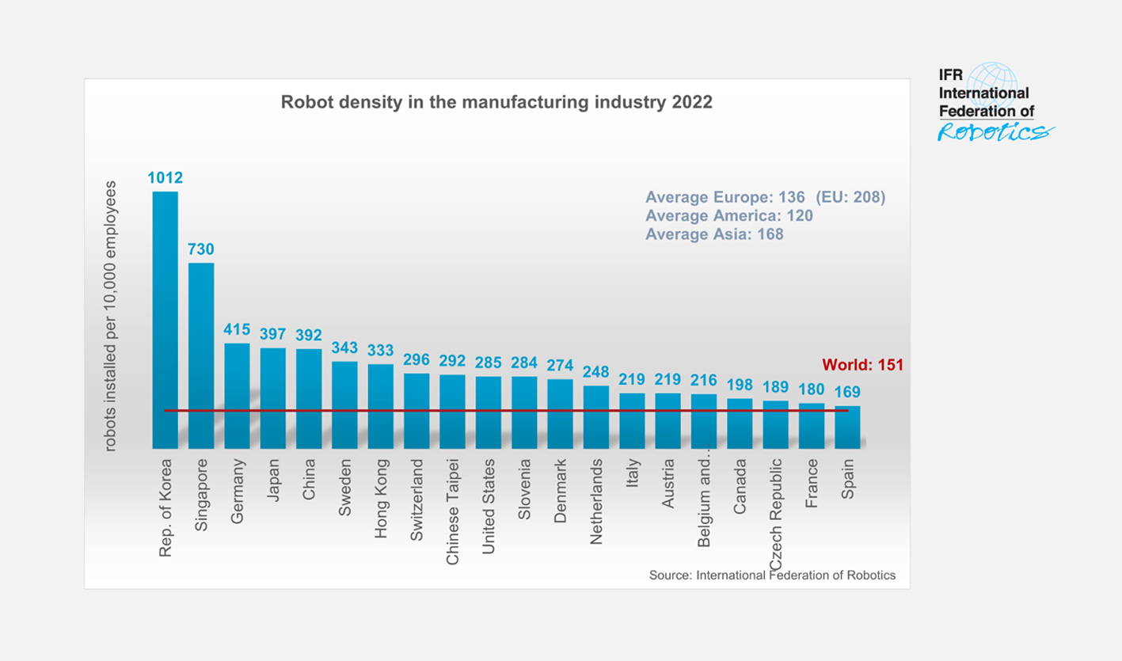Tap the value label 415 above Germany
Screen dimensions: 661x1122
tap(237, 329)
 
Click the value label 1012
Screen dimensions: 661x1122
tap(165, 177)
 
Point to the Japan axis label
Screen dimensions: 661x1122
tap(273, 482)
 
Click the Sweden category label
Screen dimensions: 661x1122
tap(345, 487)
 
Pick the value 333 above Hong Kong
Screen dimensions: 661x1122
tap(381, 350)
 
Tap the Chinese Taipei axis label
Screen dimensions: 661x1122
tap(453, 511)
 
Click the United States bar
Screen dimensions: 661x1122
tap(489, 412)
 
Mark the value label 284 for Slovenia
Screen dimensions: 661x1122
tap(524, 363)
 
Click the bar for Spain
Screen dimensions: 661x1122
tap(847, 427)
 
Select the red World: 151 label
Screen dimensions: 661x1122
tap(862, 365)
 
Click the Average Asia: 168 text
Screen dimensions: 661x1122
tap(714, 234)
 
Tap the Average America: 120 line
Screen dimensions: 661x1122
tap(729, 215)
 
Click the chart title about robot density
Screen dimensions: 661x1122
tap(496, 103)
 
